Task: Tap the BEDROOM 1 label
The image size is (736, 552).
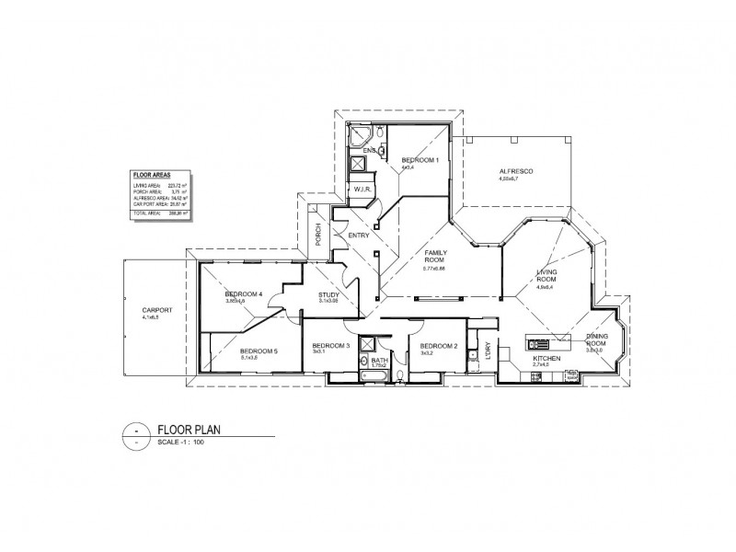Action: point(420,160)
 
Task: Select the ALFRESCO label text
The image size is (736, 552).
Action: point(516,172)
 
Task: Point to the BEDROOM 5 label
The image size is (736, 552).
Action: point(259,351)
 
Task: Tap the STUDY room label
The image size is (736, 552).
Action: point(329,294)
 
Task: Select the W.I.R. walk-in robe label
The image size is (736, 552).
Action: point(362,190)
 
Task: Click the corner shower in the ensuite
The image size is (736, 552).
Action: point(354,135)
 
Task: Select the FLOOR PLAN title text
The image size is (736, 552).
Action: point(189,429)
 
